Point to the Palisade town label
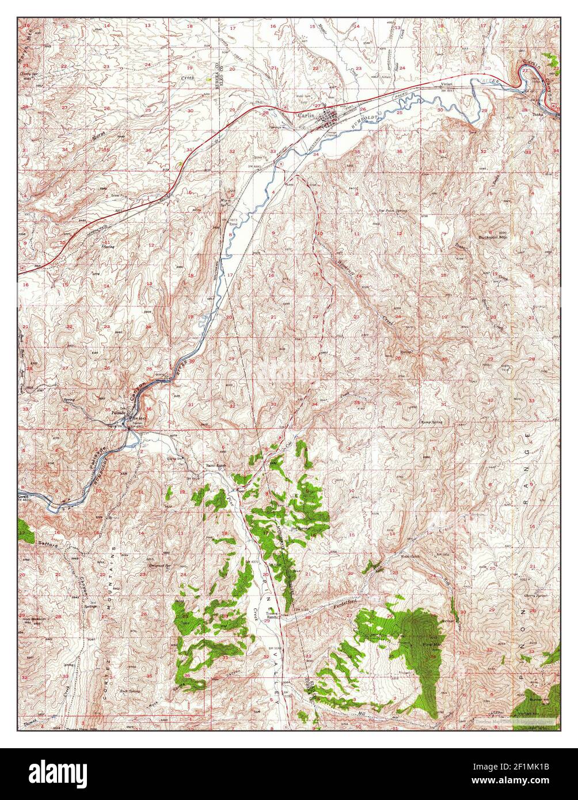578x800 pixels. pyautogui.click(x=119, y=413)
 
